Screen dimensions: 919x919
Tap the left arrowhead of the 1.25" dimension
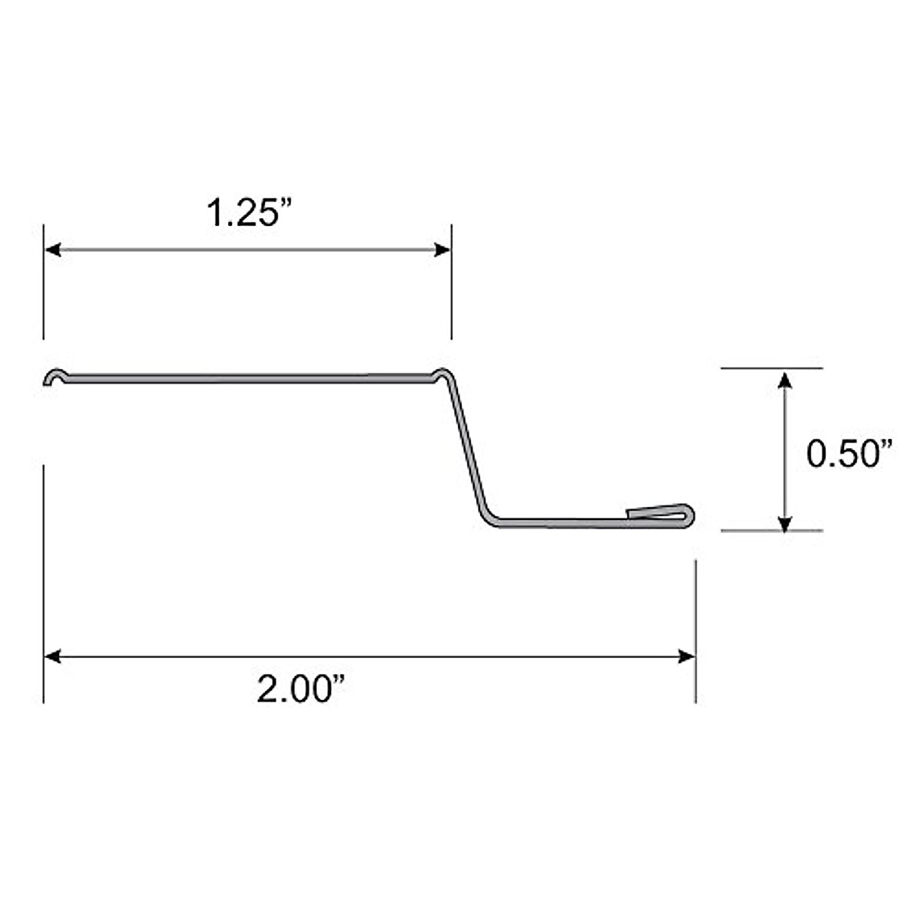coord(52,250)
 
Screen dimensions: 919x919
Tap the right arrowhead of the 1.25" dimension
coord(443,250)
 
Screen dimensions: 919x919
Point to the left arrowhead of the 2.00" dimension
coord(52,656)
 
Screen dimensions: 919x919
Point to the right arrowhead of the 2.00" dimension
coord(687,656)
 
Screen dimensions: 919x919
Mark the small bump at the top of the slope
coord(442,374)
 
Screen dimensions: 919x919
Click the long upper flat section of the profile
coord(245,377)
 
